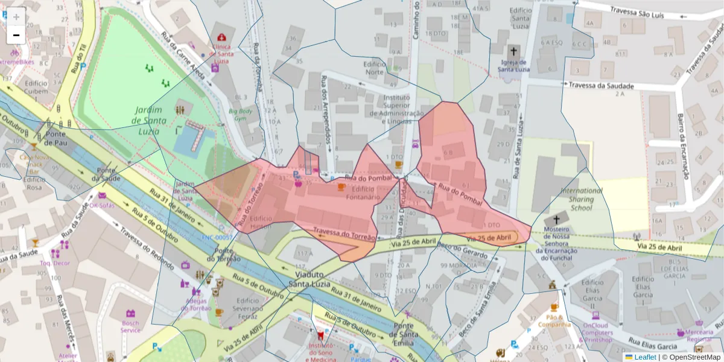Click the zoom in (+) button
click(16, 17)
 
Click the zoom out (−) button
click(16, 35)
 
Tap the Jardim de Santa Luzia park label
click(148, 121)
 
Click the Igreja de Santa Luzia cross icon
click(513, 51)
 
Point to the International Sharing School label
click(581, 199)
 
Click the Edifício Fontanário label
click(362, 192)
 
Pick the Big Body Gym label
click(241, 115)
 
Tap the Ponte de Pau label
click(55, 138)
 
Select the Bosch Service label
click(130, 326)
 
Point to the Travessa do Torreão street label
click(344, 233)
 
